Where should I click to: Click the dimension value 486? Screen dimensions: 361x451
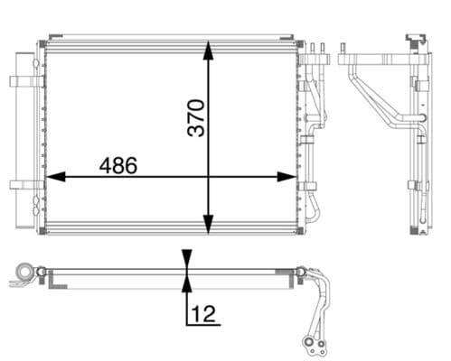coord(118,165)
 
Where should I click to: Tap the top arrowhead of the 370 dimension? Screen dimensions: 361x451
coord(209,48)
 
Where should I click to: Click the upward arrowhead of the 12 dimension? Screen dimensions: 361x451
coord(186,285)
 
